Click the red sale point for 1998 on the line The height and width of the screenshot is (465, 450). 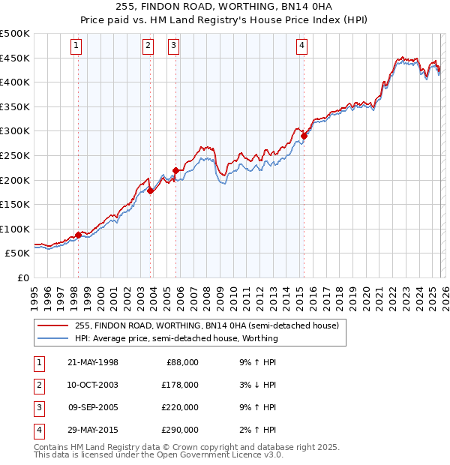[78, 235]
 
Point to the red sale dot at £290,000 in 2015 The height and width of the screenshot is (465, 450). [304, 136]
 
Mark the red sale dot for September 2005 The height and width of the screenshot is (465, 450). [175, 170]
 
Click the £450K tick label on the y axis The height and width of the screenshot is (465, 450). [15, 58]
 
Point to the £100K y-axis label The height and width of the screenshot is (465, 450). [15, 229]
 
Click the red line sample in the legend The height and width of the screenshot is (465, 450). [53, 326]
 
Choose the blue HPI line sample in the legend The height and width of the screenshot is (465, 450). [53, 338]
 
